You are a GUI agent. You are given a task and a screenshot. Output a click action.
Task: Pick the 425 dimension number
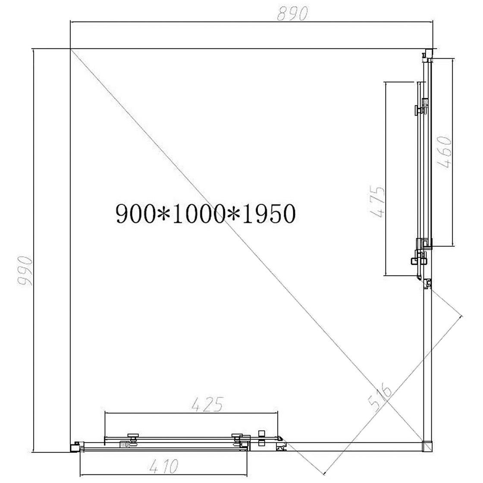pyautogui.click(x=207, y=405)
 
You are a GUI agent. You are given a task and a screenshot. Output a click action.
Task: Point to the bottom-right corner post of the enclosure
pyautogui.click(x=427, y=445)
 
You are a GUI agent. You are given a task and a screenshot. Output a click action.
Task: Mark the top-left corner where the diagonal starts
pyautogui.click(x=71, y=50)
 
